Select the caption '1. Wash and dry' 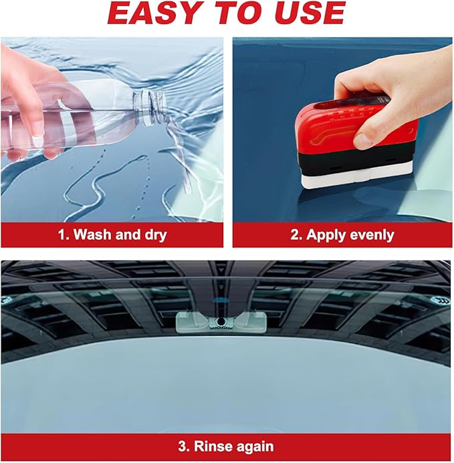(x=111, y=235)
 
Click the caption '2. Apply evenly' (x=343, y=235)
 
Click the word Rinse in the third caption (x=210, y=446)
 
